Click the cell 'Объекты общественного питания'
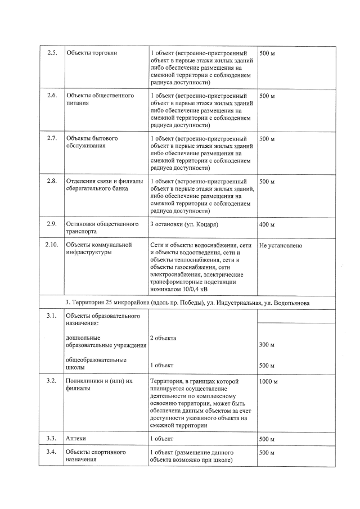coord(100,100)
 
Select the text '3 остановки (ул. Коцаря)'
coord(183,224)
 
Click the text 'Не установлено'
coord(281,246)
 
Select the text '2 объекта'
coord(163,338)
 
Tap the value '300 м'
coord(267,345)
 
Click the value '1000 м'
coord(268,381)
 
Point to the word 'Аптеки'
coord(76,439)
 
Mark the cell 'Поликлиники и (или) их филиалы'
coord(98,385)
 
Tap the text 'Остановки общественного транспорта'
coord(102,228)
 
